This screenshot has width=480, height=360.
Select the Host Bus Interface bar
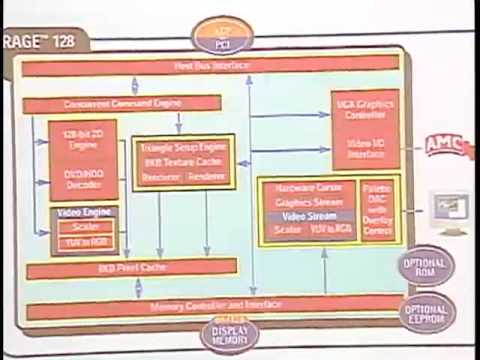210,67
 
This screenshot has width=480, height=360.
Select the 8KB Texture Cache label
183,162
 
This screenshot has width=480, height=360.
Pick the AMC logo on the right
444,145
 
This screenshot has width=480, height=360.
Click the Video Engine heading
83,213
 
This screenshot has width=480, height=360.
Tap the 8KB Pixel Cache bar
132,269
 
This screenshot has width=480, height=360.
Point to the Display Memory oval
228,335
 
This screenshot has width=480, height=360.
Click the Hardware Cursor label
307,188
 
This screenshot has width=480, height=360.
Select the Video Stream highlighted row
307,216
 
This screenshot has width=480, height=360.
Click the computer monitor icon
449,212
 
